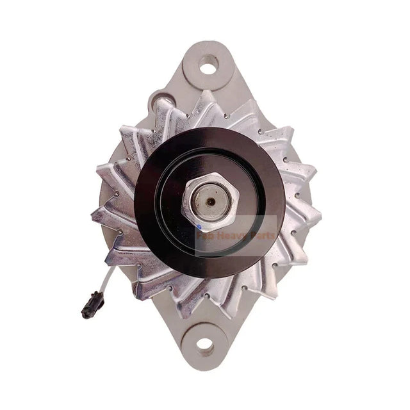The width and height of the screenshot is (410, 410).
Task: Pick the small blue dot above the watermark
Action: (200, 226)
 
